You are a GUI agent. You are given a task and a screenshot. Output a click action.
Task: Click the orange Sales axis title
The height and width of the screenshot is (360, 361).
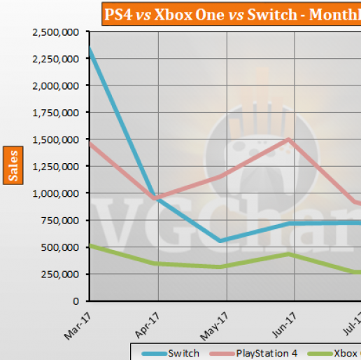(12, 165)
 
